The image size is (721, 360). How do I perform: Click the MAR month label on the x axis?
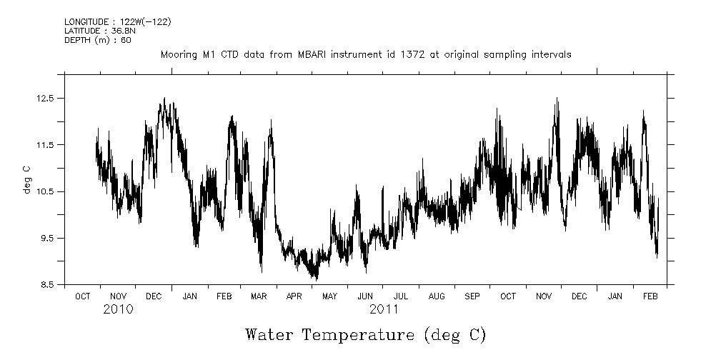259,296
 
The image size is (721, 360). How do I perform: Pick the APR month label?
294,296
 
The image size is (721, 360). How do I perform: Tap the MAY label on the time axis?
329,296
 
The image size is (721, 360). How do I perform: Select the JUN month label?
364,296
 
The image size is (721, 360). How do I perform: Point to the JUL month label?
400,296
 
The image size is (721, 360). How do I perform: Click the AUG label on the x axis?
436,296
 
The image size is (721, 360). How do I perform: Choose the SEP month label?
472,296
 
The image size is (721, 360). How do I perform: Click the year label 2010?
118,310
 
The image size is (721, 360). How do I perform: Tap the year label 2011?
384,310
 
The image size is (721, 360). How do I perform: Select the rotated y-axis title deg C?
26,179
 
